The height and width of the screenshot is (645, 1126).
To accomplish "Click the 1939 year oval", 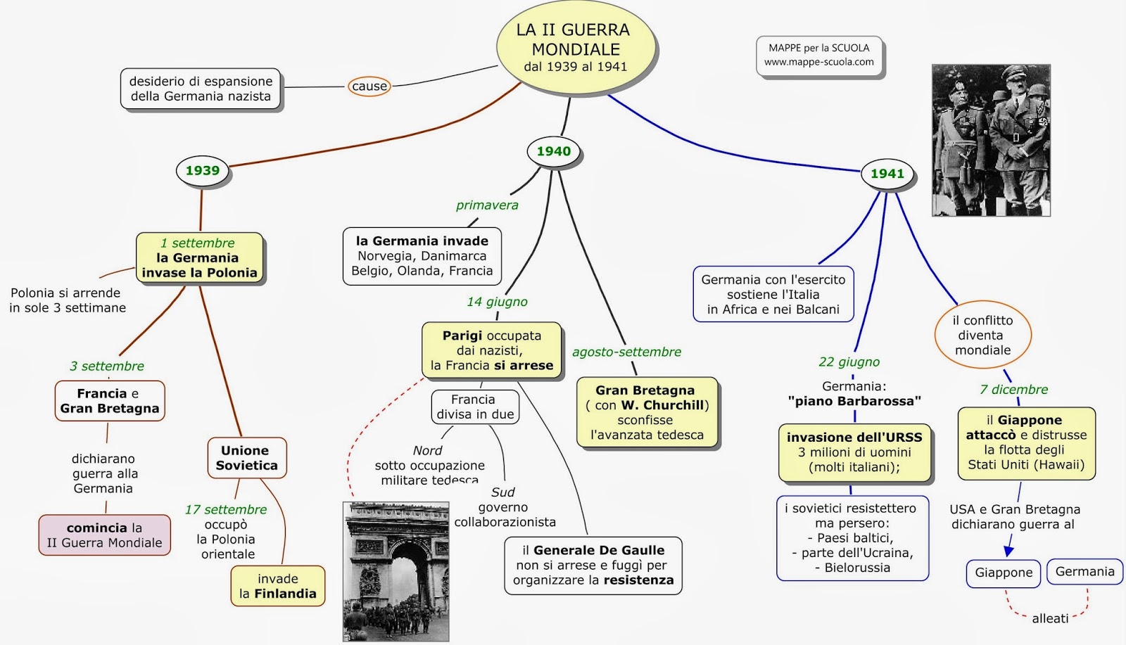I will click(203, 171).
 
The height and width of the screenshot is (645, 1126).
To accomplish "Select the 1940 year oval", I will click(554, 151).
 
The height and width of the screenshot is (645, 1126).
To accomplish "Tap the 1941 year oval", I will click(887, 174).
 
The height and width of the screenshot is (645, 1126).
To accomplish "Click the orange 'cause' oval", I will click(369, 87).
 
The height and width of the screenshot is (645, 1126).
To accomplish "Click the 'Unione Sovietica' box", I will click(246, 458).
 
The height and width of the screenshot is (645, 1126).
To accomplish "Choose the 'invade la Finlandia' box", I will click(278, 586).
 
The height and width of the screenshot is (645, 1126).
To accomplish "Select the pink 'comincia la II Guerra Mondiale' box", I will click(104, 535).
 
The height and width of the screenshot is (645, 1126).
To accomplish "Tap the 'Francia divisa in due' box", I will click(475, 407).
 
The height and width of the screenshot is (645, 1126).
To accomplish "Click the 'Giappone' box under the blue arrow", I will click(1004, 573).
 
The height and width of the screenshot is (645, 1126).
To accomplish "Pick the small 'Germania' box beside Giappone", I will click(1084, 572).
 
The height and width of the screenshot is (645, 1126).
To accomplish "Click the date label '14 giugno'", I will click(497, 302).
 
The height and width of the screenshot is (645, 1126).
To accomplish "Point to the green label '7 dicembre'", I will click(1013, 390).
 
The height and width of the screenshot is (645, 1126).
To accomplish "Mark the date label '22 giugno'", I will click(849, 362).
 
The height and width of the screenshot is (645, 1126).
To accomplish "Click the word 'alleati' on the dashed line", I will click(1050, 619).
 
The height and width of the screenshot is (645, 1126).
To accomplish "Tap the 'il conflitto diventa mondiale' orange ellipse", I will click(982, 336).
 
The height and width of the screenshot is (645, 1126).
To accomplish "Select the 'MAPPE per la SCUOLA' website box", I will click(819, 55).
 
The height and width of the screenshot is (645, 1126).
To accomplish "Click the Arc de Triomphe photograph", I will click(396, 571).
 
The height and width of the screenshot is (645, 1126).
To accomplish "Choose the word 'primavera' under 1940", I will click(487, 205).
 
